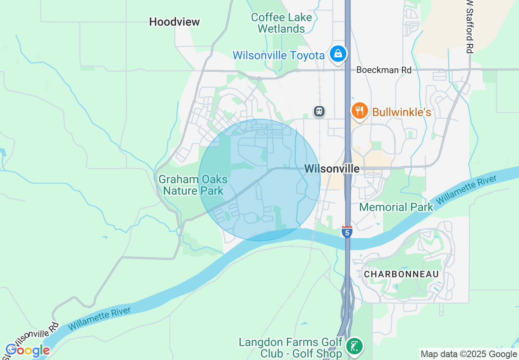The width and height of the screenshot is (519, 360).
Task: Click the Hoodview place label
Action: [174, 22]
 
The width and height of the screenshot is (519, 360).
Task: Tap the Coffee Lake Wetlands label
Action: [281, 23]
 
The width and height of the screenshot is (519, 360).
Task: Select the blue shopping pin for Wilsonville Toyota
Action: [338, 54]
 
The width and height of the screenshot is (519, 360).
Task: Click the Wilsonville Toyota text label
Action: [278, 55]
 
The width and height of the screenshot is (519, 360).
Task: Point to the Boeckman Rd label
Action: [384, 70]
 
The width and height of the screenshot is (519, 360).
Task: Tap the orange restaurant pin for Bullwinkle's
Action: [359, 110]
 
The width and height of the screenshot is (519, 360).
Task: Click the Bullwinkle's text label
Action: [402, 112]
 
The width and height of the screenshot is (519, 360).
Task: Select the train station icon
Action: [319, 111]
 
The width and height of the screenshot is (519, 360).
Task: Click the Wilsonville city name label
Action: [332, 169]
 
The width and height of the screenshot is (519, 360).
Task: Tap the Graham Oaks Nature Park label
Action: [193, 185]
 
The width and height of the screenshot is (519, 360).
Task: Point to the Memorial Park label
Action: [396, 207]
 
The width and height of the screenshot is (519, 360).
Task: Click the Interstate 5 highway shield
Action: [347, 232]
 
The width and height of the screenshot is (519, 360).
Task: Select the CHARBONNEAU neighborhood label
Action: [401, 274]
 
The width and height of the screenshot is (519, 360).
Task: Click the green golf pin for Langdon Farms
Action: [354, 346]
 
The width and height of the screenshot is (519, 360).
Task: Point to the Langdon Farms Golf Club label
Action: [290, 347]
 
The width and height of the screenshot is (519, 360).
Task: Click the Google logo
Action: [27, 350]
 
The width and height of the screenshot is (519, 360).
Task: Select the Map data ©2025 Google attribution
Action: [469, 354]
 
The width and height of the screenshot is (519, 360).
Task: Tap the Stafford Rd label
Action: [470, 27]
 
